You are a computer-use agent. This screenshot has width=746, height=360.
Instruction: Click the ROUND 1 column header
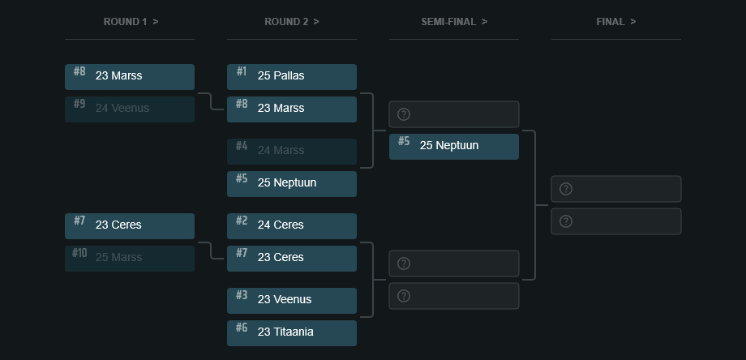pos(130,22)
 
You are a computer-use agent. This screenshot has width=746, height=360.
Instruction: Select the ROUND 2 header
pos(292,22)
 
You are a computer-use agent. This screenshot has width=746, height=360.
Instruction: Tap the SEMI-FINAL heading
pos(454,22)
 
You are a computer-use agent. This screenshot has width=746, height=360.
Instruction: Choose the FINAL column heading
pos(616,22)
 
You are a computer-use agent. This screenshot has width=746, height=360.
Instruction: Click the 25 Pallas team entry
pos(292,76)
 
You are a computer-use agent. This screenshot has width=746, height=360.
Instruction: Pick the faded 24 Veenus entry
pos(130,109)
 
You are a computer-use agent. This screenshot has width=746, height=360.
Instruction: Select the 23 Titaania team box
pos(292,332)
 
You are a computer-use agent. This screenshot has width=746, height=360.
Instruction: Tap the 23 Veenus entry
pos(292,300)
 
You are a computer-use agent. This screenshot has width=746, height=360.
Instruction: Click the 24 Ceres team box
pos(292,225)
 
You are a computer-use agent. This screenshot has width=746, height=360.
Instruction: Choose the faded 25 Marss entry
pos(130,258)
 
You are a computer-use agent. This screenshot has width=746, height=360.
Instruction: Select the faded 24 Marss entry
pos(292,151)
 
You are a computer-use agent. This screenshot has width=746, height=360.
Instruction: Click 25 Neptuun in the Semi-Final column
pos(454,146)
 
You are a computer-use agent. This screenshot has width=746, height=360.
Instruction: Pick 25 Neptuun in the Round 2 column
pos(292,183)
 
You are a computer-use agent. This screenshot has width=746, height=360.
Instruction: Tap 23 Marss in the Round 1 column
pos(130,76)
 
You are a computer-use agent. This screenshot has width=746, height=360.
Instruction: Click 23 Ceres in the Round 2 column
pos(292,258)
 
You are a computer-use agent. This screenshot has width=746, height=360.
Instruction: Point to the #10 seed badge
pos(79,253)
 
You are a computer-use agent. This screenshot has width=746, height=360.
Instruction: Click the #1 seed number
pos(242,71)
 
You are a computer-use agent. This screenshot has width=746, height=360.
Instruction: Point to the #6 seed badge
pos(242,328)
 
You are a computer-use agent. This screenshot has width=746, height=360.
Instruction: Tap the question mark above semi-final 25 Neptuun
pos(404,114)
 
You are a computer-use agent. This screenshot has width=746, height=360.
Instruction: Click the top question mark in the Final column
pos(566,189)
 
